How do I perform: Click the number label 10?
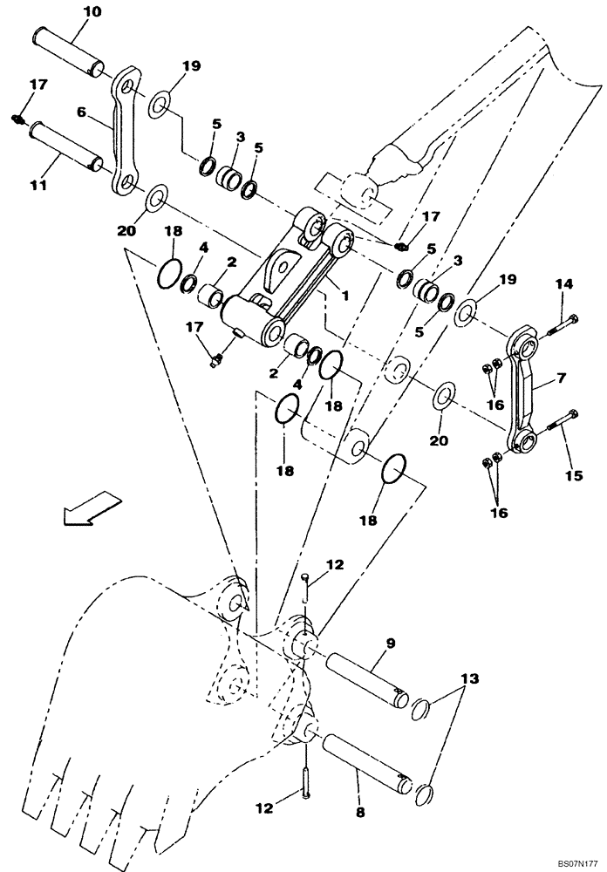92,11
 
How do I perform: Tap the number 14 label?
565,283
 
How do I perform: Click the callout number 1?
345,296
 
